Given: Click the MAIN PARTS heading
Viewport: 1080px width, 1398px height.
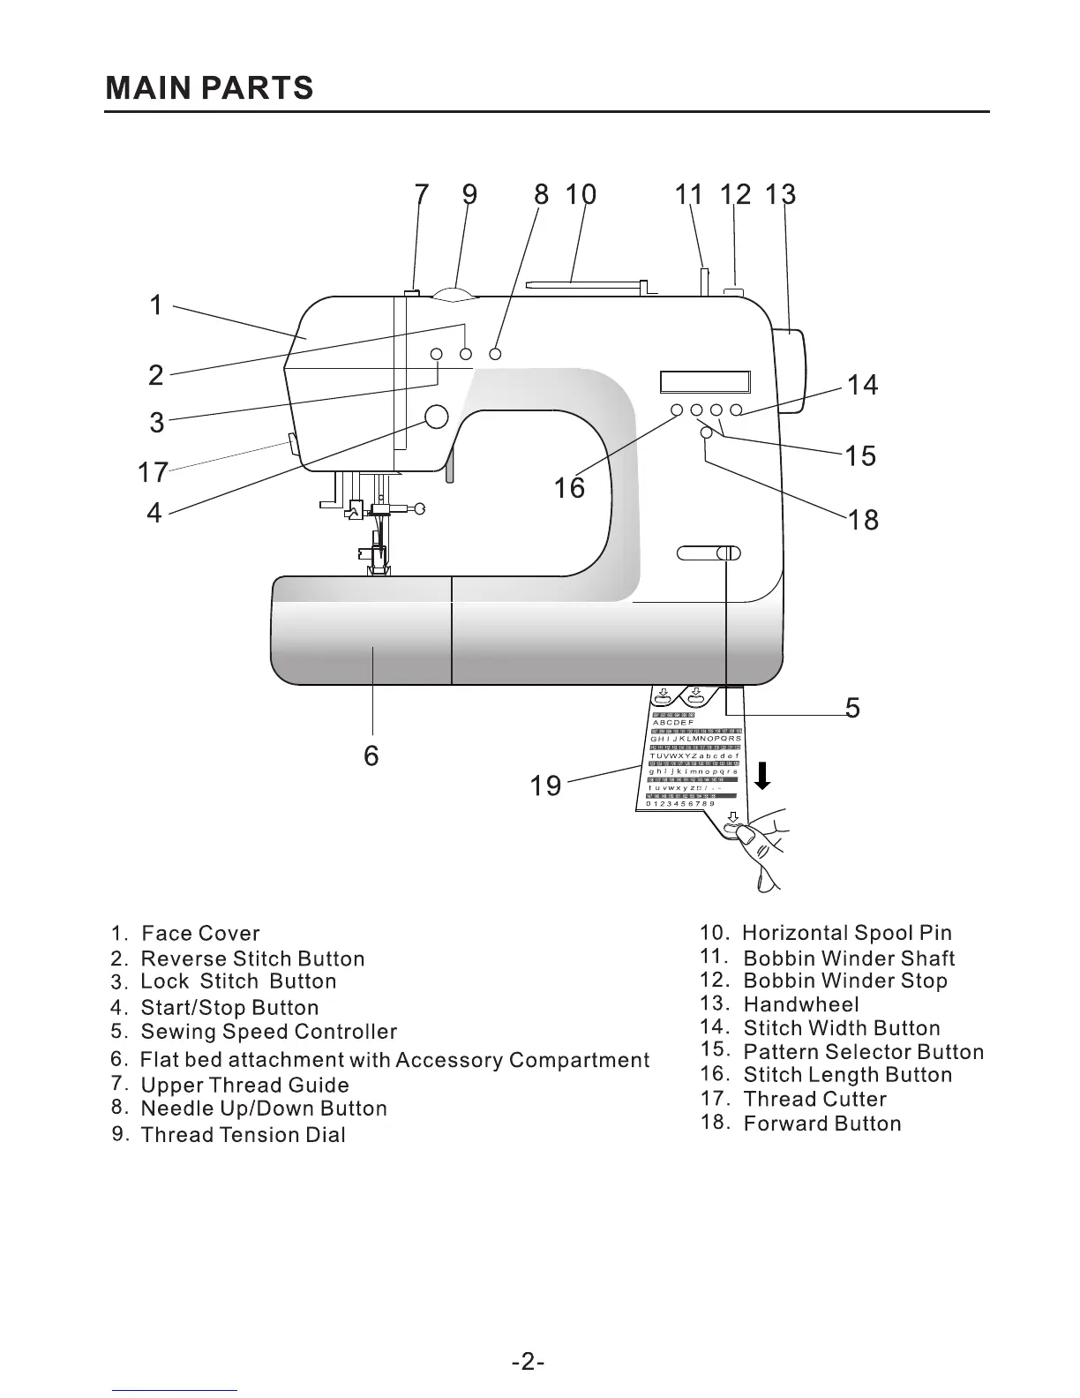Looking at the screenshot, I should pyautogui.click(x=209, y=88).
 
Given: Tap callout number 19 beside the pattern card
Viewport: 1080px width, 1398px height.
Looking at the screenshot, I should pyautogui.click(x=545, y=785).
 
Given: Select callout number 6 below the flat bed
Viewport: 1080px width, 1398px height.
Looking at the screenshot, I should pyautogui.click(x=371, y=755).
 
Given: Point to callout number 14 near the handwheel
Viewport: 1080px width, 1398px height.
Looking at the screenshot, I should pyautogui.click(x=862, y=385).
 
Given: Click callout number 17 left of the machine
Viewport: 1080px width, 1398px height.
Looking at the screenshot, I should pyautogui.click(x=153, y=472).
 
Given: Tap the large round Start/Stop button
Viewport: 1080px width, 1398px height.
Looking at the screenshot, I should pyautogui.click(x=437, y=417).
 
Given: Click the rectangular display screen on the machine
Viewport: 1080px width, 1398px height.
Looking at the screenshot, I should pyautogui.click(x=704, y=381).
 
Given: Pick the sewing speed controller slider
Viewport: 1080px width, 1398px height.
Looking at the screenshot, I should pyautogui.click(x=709, y=553).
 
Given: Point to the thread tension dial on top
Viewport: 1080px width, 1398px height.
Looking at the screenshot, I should pyautogui.click(x=455, y=292).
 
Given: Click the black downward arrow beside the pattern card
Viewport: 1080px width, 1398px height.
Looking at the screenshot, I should pyautogui.click(x=763, y=777).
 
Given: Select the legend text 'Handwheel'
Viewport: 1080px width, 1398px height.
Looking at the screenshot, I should pyautogui.click(x=800, y=1004).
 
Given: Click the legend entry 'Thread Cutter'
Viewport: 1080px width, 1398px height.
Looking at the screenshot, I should pyautogui.click(x=814, y=1100).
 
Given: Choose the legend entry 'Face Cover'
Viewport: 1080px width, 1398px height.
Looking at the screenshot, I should pyautogui.click(x=200, y=934).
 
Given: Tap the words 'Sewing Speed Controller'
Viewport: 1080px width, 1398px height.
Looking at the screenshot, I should pyautogui.click(x=268, y=1032).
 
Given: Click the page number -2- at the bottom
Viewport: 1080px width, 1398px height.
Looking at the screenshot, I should pyautogui.click(x=528, y=1362).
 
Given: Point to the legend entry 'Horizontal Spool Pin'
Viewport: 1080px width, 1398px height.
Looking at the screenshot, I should pyautogui.click(x=847, y=934).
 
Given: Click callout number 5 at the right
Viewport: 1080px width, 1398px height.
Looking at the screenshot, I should pyautogui.click(x=851, y=707).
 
